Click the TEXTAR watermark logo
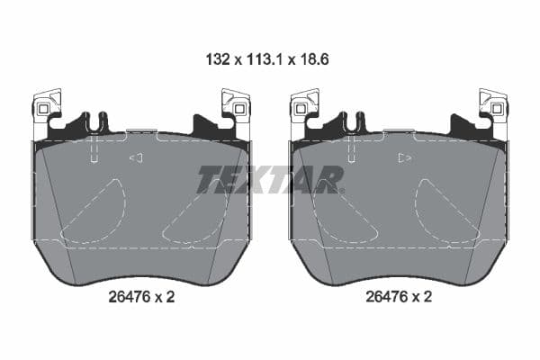tap(270, 180)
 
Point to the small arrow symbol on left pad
tap(137, 158)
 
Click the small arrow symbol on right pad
tap(405, 158)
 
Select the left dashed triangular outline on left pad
tap(95, 212)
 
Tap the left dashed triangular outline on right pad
tap(352, 212)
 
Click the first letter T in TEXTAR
tap(209, 180)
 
